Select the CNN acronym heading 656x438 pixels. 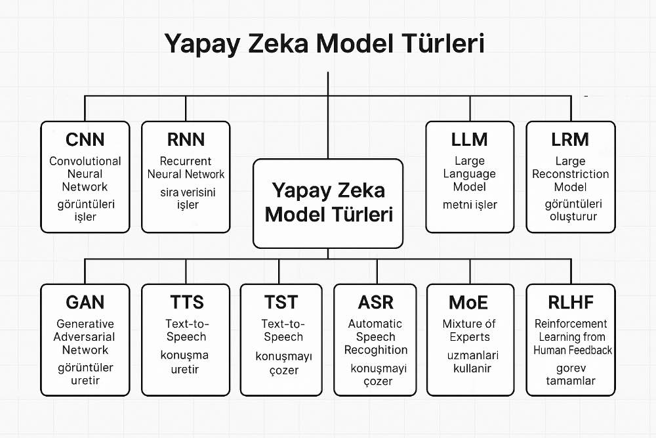pos(85,140)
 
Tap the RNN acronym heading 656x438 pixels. pos(186,140)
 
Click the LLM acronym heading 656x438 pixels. pos(470,140)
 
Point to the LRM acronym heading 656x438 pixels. pos(571,140)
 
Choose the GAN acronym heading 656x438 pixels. pos(85,302)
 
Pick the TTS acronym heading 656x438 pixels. pos(186,302)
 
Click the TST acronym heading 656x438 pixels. pos(281,302)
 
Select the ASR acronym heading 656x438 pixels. pos(376,302)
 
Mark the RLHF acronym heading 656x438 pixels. pos(571,302)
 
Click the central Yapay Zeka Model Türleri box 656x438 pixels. pos(328,203)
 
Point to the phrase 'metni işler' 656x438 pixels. pos(470,204)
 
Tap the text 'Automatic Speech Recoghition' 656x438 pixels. pos(376,337)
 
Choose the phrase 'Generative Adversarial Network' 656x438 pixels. pos(85,337)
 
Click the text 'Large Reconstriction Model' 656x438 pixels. pos(571,174)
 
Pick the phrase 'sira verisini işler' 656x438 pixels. pos(186,198)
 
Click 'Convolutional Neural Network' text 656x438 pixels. pos(85,174)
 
